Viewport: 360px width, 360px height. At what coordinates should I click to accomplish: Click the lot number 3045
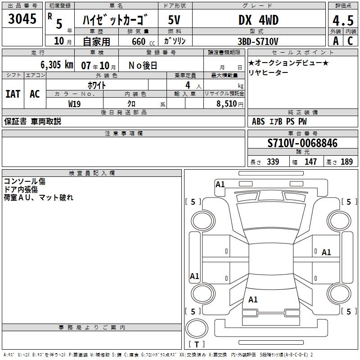pyautogui.click(x=22, y=18)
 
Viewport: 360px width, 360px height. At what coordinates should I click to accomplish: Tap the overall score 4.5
pyautogui.click(x=343, y=21)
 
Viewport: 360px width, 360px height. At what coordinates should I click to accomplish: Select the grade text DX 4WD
pyautogui.click(x=258, y=20)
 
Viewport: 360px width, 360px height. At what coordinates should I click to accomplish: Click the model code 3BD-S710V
pyautogui.click(x=258, y=41)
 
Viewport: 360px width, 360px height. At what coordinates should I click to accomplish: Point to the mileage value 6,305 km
pyautogui.click(x=57, y=65)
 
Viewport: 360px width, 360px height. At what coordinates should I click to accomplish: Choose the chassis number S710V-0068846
pyautogui.click(x=302, y=143)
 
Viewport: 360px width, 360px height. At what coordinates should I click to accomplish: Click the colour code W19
pyautogui.click(x=74, y=104)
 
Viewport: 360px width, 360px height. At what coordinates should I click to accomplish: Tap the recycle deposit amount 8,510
pyautogui.click(x=226, y=104)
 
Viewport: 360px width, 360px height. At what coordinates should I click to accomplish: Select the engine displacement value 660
pyautogui.click(x=139, y=41)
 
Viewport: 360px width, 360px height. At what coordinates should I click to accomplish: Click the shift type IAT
pyautogui.click(x=13, y=94)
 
